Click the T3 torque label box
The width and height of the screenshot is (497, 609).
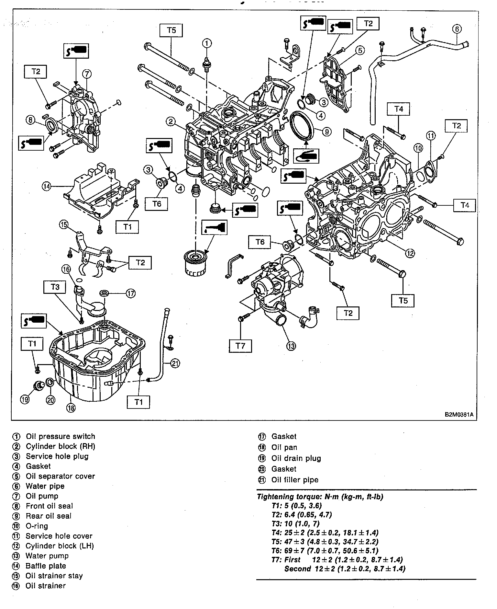pyautogui.click(x=55, y=287)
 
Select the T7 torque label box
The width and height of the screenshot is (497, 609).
pyautogui.click(x=240, y=346)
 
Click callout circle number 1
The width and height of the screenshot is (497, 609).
pyautogui.click(x=207, y=43)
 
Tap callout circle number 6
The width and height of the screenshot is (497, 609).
pyautogui.click(x=457, y=29)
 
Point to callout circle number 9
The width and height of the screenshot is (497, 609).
pyautogui.click(x=326, y=132)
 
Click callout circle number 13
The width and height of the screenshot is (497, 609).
pyautogui.click(x=291, y=346)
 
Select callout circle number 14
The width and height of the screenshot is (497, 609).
pyautogui.click(x=47, y=186)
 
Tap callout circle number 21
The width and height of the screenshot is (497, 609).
pyautogui.click(x=175, y=363)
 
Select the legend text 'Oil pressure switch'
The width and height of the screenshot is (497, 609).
pyautogui.click(x=61, y=436)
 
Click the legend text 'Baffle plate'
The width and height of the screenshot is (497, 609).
pyautogui.click(x=46, y=566)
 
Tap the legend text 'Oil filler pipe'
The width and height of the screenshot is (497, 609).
pyautogui.click(x=295, y=480)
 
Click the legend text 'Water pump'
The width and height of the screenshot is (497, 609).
pyautogui.click(x=47, y=556)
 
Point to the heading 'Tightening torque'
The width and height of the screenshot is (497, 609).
pyautogui.click(x=320, y=497)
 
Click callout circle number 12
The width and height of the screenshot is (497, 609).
pyautogui.click(x=410, y=253)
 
